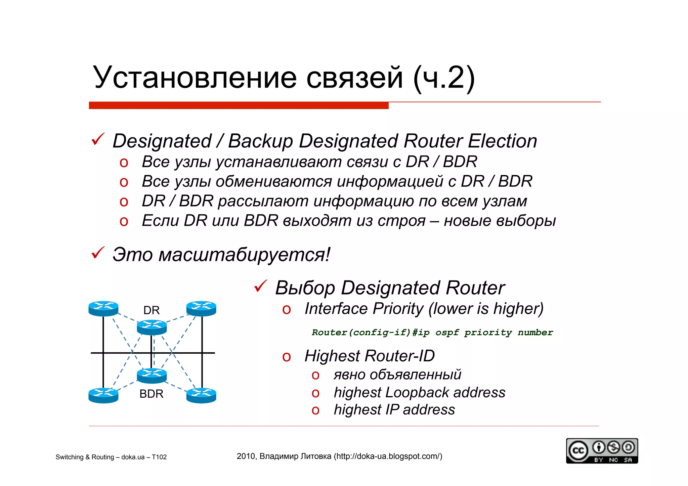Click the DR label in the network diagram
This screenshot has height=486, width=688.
[151, 310]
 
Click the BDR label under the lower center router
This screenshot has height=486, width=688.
[151, 394]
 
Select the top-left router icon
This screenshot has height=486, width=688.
[103, 308]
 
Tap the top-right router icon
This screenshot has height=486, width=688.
[201, 308]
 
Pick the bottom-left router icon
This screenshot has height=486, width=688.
[103, 395]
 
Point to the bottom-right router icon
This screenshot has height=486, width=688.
[201, 395]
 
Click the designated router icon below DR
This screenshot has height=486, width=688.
[152, 327]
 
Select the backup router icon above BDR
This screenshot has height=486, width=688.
[152, 375]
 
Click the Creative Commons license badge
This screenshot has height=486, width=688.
[602, 451]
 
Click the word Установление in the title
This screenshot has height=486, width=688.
[195, 78]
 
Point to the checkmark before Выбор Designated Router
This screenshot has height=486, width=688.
[260, 286]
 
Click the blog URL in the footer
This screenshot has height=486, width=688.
[388, 456]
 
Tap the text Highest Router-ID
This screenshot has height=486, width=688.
[370, 356]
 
